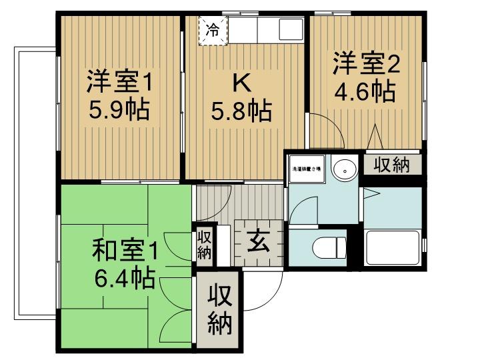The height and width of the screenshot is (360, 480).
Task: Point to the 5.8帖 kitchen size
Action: pyautogui.click(x=241, y=110)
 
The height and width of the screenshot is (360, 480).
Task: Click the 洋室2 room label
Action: pyautogui.click(x=366, y=65)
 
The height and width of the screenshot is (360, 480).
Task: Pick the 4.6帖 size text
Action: pyautogui.click(x=366, y=90)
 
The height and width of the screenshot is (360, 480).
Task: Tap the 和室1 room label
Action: pyautogui.click(x=125, y=252)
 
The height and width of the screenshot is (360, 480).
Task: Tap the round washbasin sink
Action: pyautogui.click(x=344, y=169)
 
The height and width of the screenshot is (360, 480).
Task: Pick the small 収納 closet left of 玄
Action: pyautogui.click(x=204, y=245)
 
